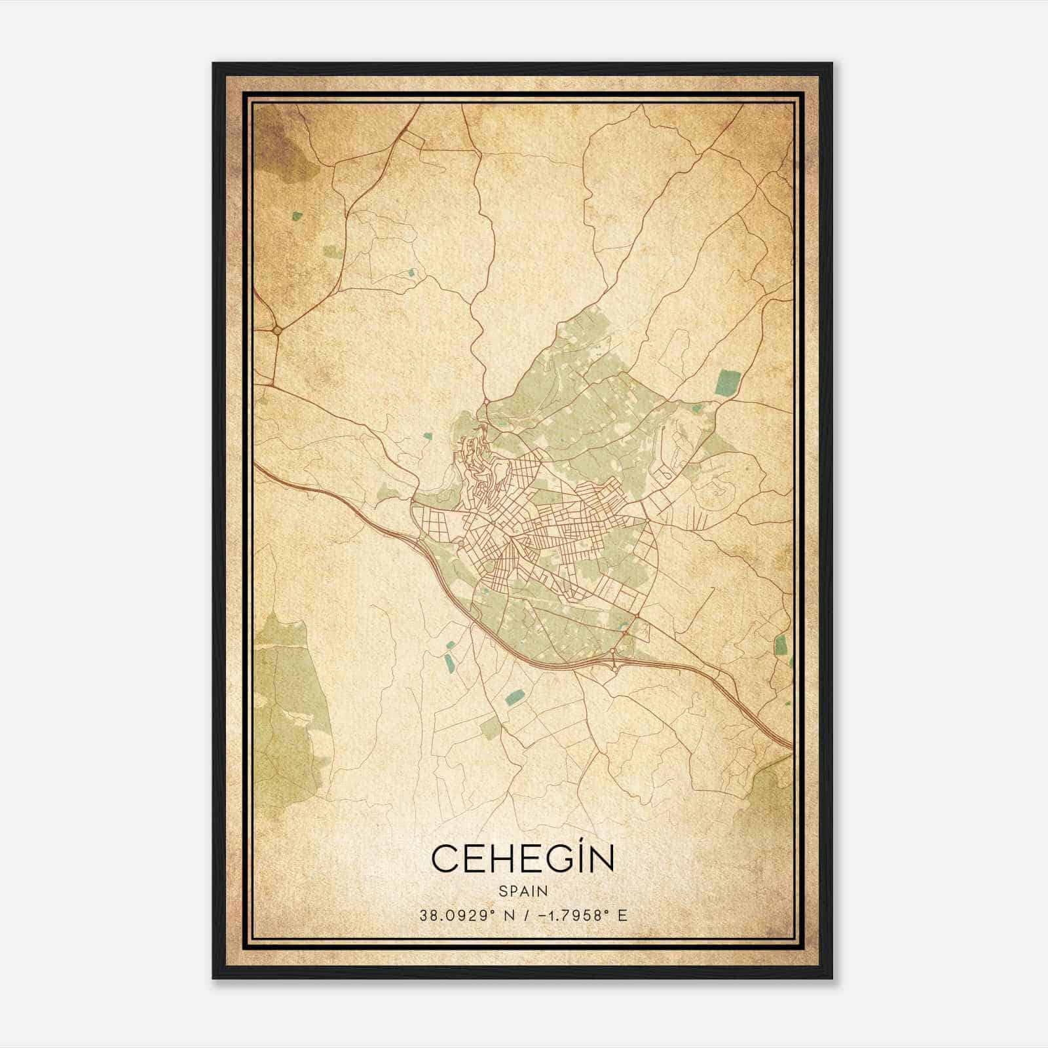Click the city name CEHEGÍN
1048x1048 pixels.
(x=523, y=859)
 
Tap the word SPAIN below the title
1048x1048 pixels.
(x=523, y=891)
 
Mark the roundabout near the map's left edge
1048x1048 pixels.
(x=277, y=331)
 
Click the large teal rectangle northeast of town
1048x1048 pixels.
(x=728, y=382)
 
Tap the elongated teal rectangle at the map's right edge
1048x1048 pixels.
(x=779, y=645)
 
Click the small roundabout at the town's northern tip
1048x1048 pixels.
(x=486, y=401)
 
